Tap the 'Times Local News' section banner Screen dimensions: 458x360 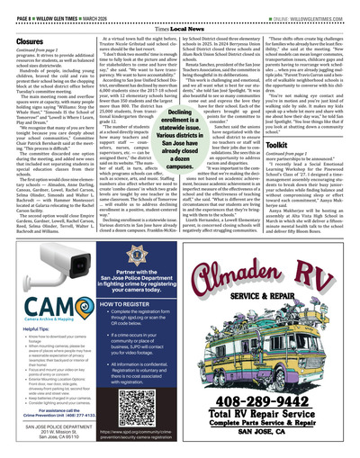[x=179, y=27]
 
